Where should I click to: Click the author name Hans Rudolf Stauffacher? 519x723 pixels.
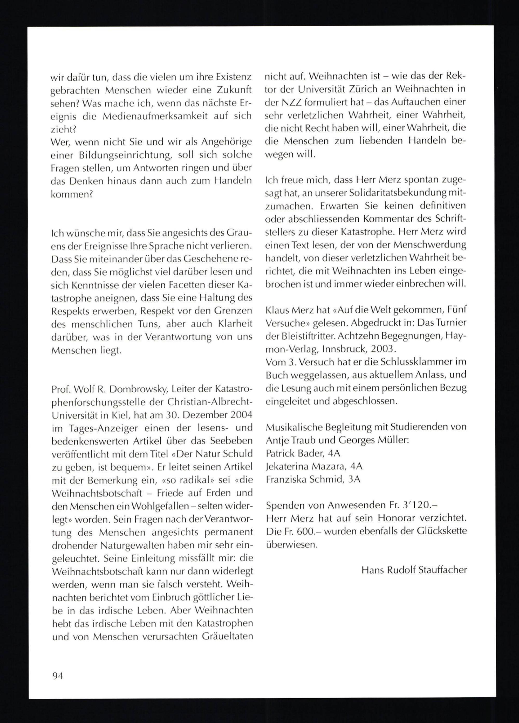414,570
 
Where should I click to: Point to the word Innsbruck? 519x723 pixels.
345,349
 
